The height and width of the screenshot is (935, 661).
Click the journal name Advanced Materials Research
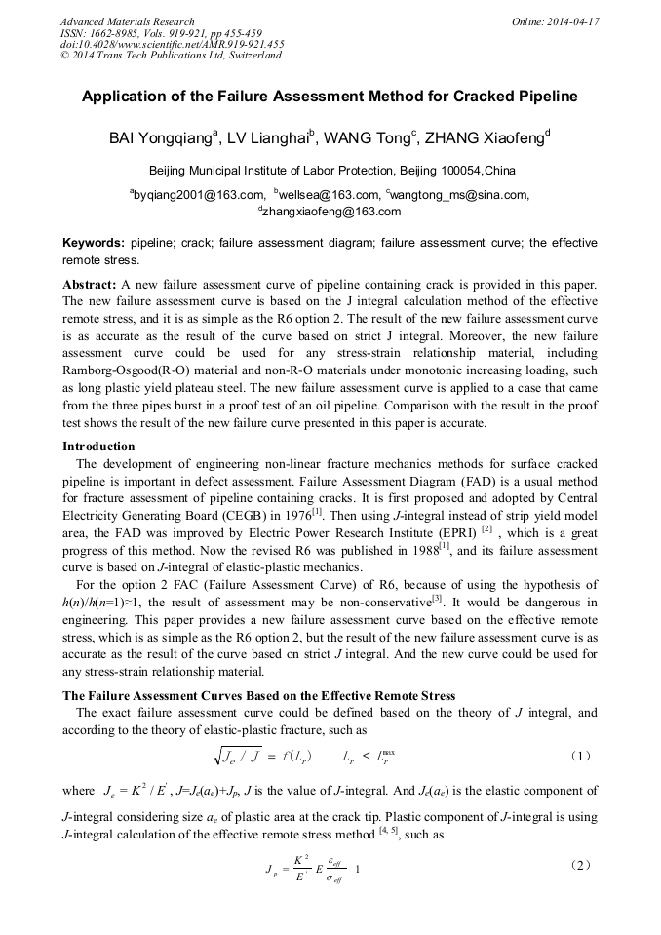[127, 21]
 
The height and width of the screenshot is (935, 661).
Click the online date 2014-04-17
[572, 21]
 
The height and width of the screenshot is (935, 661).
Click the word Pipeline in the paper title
[542, 97]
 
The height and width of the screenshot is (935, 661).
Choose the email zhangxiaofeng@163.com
[331, 211]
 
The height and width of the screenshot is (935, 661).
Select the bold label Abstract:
[90, 283]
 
